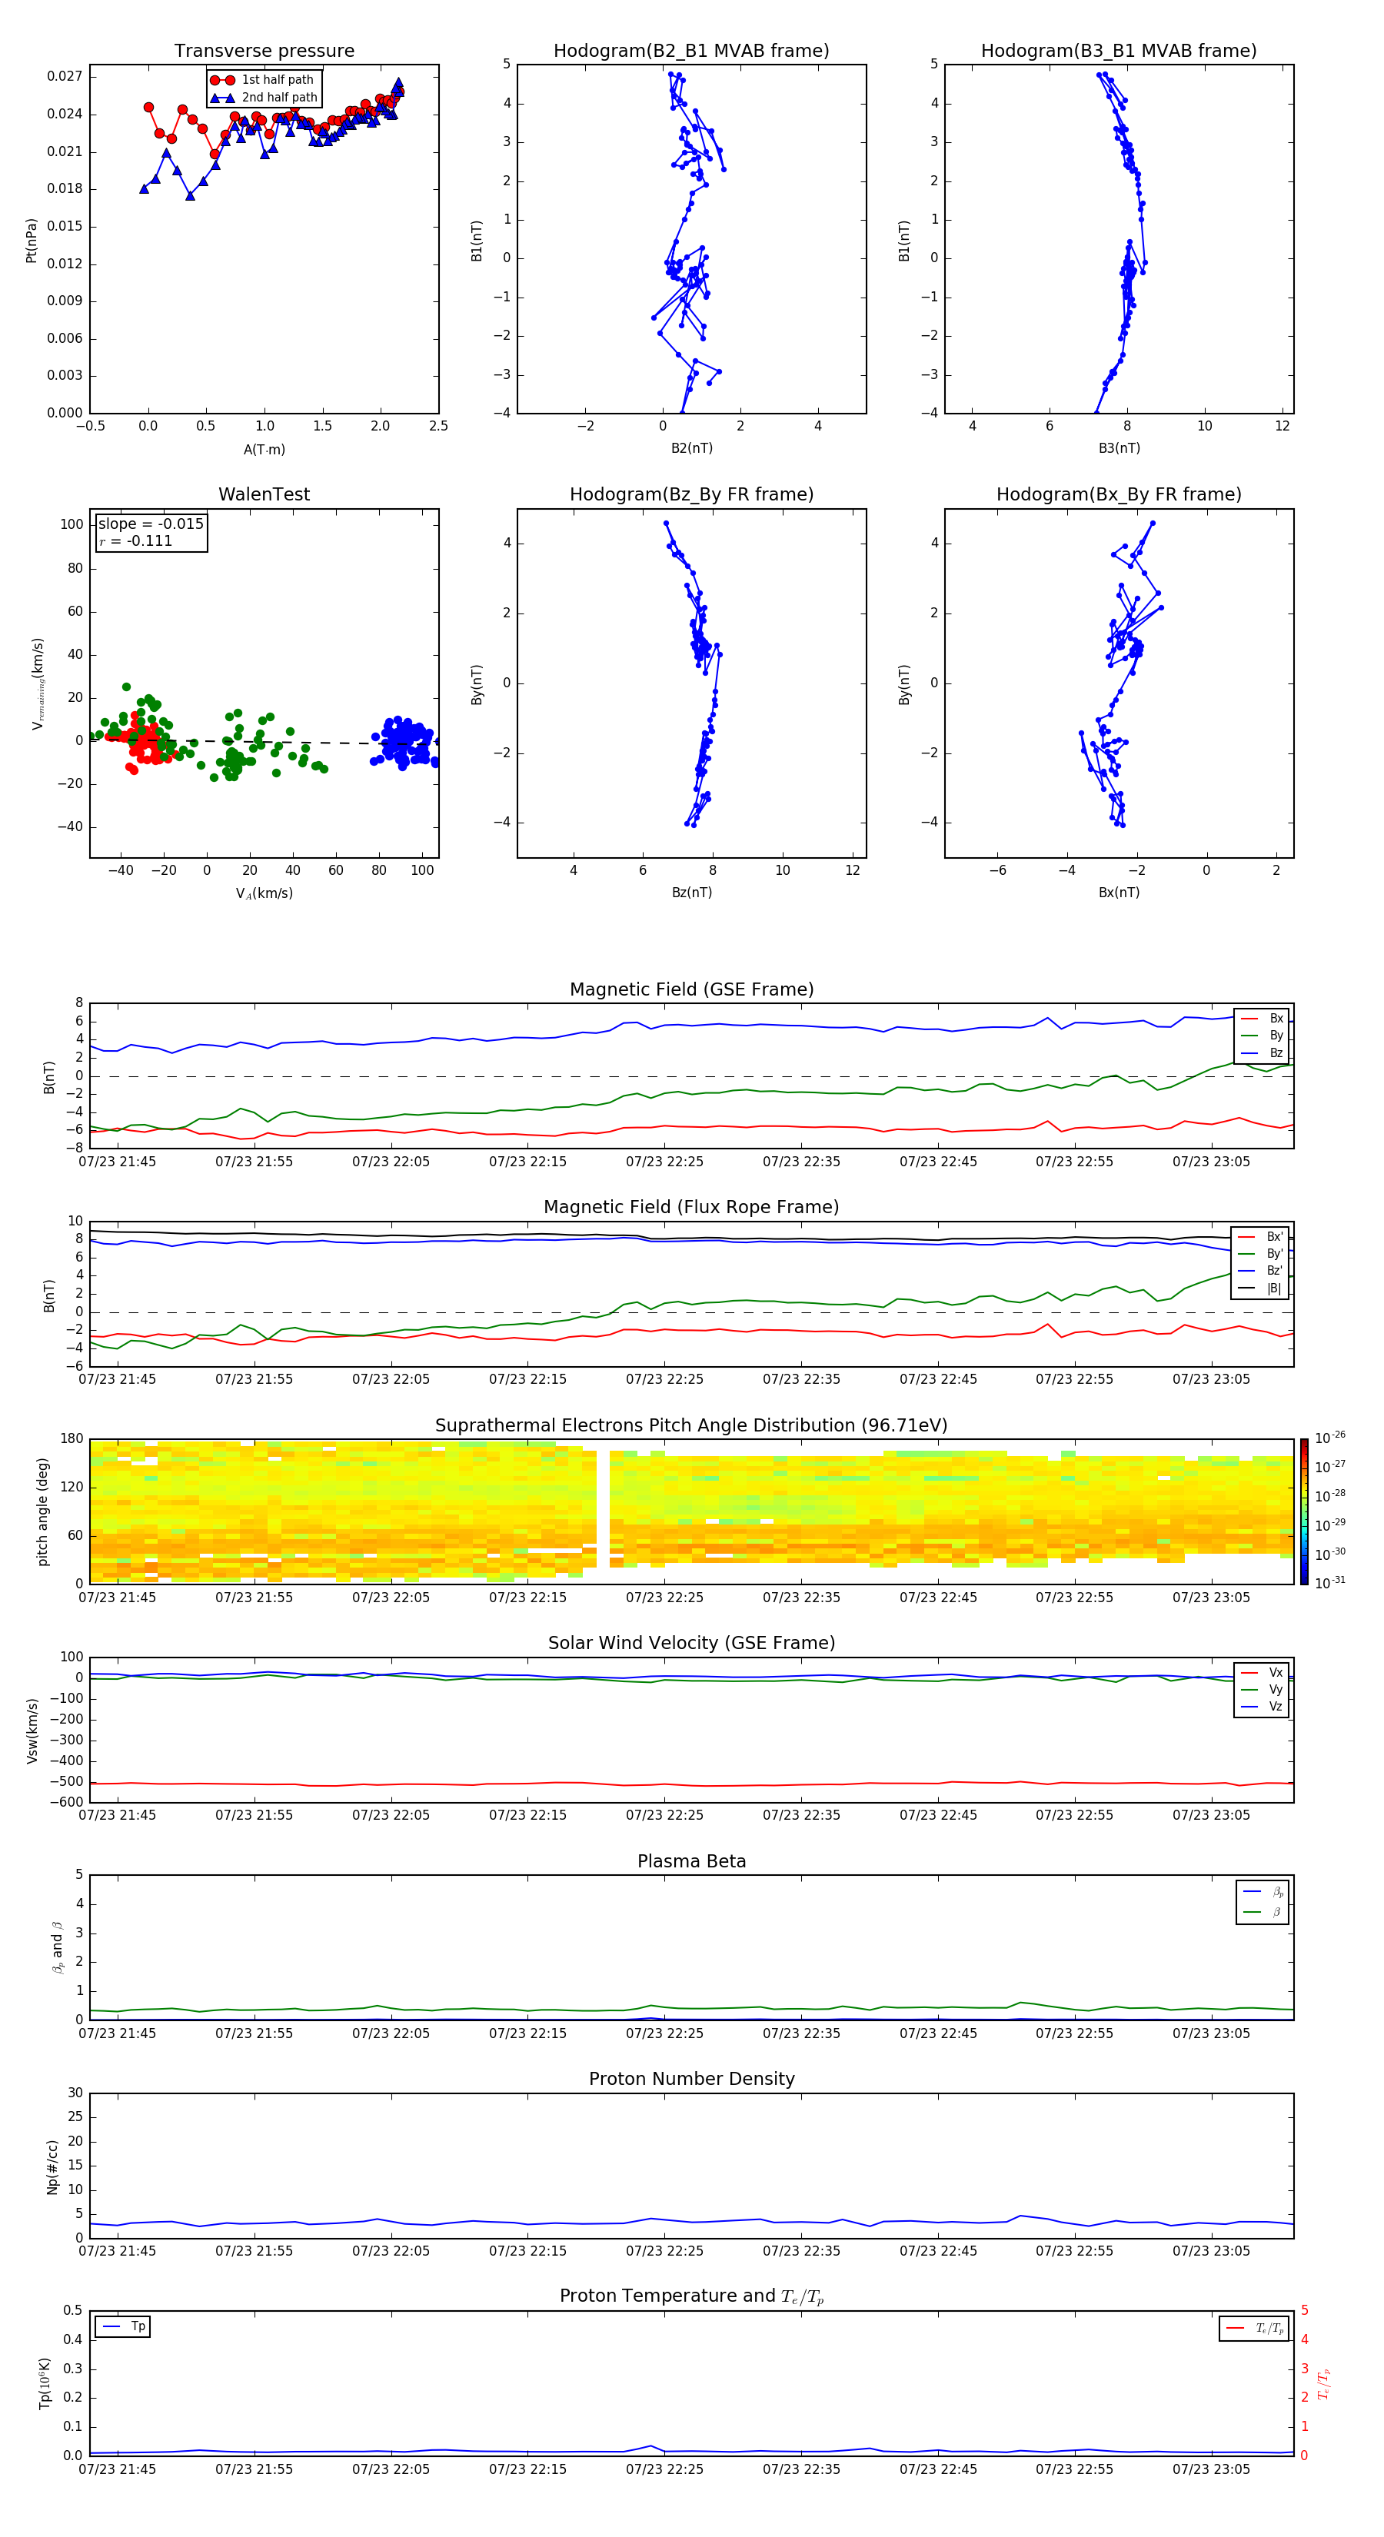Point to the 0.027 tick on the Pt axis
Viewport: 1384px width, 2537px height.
pyautogui.click(x=65, y=77)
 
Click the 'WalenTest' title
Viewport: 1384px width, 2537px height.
pyautogui.click(x=264, y=494)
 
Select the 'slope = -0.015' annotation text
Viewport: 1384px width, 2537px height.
pyautogui.click(x=151, y=524)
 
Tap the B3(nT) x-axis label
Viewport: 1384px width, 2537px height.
pyautogui.click(x=1119, y=448)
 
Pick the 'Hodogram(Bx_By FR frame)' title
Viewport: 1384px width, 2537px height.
pyautogui.click(x=1118, y=494)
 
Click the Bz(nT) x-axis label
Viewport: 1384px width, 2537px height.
pyautogui.click(x=691, y=893)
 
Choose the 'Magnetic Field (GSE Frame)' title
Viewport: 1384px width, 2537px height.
pyautogui.click(x=691, y=989)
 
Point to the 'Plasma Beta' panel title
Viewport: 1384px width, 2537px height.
pyautogui.click(x=691, y=1861)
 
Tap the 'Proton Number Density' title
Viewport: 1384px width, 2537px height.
pyautogui.click(x=691, y=2079)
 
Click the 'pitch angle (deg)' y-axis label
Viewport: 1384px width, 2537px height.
pyautogui.click(x=42, y=1511)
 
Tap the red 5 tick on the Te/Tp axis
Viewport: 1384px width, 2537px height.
pyautogui.click(x=1304, y=2310)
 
